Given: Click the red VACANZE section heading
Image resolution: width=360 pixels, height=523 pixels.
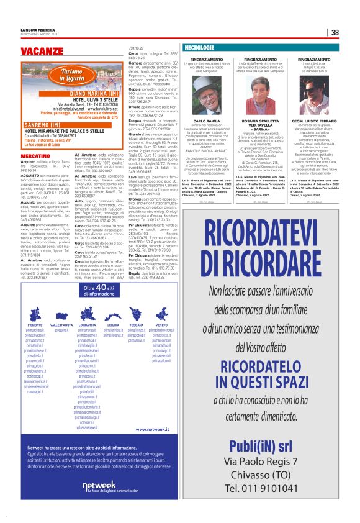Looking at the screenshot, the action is (42, 49).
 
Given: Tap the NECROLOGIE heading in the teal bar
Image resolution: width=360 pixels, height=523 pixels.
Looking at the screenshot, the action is (200, 48).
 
